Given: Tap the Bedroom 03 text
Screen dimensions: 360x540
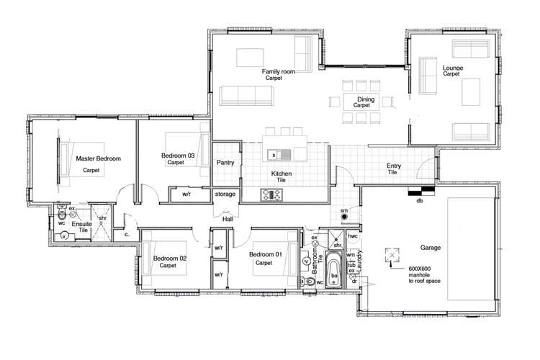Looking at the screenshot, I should coord(177,156).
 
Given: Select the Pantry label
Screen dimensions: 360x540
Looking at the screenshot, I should coord(225,163).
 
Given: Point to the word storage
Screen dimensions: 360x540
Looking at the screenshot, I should coord(225,194).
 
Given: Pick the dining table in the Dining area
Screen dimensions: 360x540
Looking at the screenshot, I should coord(361,101).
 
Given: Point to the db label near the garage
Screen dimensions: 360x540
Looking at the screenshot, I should coord(419,201).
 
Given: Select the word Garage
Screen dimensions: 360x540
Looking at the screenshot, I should coord(431,248).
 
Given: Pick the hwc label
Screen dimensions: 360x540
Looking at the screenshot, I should coord(353,235).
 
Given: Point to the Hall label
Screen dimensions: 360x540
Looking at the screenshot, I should coord(227,218).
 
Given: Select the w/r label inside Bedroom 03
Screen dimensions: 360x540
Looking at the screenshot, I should coord(186,194).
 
